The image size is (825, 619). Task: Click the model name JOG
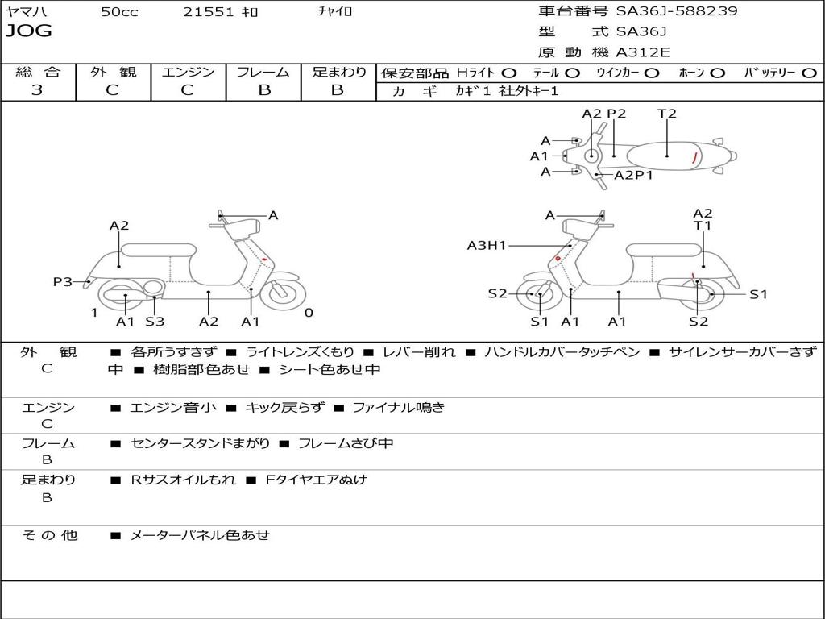[x=29, y=31]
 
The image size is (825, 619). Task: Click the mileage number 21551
[x=209, y=12]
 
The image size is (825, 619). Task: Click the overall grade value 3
[x=37, y=90]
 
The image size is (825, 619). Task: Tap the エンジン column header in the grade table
[x=188, y=72]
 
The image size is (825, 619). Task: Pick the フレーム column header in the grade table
[x=263, y=72]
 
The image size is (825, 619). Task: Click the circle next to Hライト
[x=508, y=73]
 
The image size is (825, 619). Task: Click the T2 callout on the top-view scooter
[x=667, y=114]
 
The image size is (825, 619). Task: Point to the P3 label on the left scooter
[x=63, y=281]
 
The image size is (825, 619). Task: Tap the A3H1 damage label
[x=487, y=245]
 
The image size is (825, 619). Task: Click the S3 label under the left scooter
[x=155, y=322]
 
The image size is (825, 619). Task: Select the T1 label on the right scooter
[x=703, y=226]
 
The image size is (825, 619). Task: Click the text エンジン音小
[x=173, y=408]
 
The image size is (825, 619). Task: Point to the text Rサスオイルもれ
[x=184, y=480]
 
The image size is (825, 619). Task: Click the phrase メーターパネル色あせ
[x=200, y=535]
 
